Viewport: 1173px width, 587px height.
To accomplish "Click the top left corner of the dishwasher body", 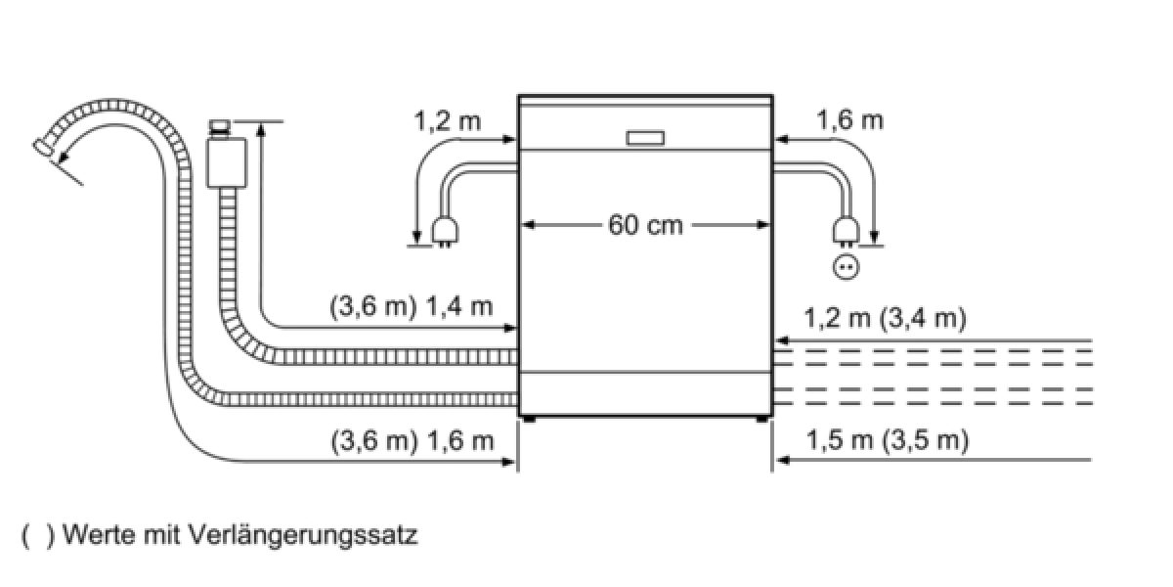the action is (x=518, y=96).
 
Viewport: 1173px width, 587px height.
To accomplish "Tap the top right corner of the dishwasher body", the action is (x=773, y=96).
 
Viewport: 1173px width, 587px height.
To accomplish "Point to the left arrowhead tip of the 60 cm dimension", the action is (x=523, y=225).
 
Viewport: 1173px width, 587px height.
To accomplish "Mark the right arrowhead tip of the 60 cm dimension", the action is (x=770, y=225).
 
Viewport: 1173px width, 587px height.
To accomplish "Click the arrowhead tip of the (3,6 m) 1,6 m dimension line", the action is (x=516, y=462).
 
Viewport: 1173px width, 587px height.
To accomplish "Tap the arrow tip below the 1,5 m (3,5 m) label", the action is (x=776, y=460).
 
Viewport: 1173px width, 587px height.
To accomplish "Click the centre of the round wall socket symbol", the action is (x=847, y=267).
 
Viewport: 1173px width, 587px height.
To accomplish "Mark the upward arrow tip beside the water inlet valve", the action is (x=261, y=122).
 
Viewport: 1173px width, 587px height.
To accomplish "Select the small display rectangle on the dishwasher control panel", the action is (x=645, y=138).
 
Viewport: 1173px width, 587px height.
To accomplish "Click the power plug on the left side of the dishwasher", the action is (x=445, y=232).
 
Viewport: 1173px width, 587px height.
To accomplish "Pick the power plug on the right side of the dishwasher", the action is (x=847, y=232).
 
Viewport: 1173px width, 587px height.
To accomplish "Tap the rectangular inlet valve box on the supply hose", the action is (x=227, y=162).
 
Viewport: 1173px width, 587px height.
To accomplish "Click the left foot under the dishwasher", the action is (x=529, y=420).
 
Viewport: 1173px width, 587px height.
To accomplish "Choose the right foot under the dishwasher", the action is (x=762, y=420).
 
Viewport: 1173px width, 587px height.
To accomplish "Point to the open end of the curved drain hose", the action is (x=42, y=148).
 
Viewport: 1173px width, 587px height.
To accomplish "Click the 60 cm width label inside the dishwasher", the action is (x=646, y=225).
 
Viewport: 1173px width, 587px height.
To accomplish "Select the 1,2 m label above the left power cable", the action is (x=448, y=121).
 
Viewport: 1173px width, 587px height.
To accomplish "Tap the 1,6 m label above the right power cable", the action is (x=849, y=120).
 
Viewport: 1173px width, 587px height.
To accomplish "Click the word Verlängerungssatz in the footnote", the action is (x=302, y=536).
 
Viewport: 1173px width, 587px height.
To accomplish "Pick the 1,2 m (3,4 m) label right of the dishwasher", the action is (x=885, y=319).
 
